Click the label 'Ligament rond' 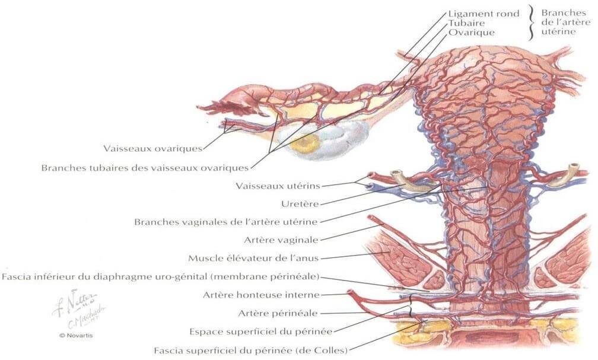click(x=484, y=13)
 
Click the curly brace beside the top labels click(x=532, y=23)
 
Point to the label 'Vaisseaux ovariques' click(x=152, y=148)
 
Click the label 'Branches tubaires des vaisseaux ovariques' click(x=145, y=167)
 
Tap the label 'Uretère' click(x=301, y=204)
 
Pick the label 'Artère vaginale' click(x=281, y=240)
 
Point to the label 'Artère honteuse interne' click(x=262, y=295)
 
